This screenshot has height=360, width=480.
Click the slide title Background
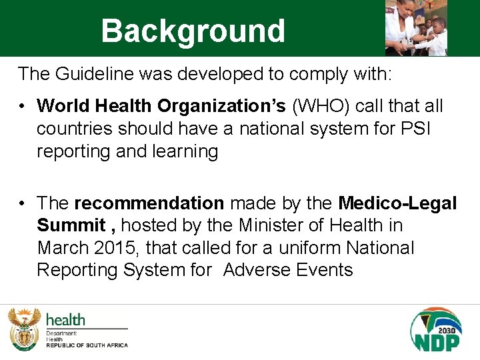click(193, 31)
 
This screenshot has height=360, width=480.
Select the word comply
click(314, 73)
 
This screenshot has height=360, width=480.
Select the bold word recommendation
click(149, 203)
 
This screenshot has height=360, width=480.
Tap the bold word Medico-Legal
click(397, 203)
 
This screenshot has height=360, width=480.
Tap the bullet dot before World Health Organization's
click(23, 106)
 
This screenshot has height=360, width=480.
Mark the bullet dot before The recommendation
click(23, 203)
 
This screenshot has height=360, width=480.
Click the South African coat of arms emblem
click(24, 329)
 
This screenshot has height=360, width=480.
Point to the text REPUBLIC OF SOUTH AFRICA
click(86, 345)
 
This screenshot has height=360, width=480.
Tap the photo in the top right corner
click(416, 28)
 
